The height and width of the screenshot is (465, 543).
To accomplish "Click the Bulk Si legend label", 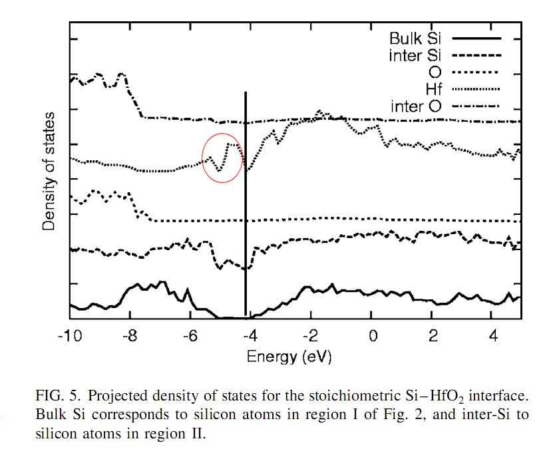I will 413,37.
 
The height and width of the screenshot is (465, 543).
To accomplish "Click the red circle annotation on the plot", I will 222,157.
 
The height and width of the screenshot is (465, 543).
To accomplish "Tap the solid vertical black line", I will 246,200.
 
